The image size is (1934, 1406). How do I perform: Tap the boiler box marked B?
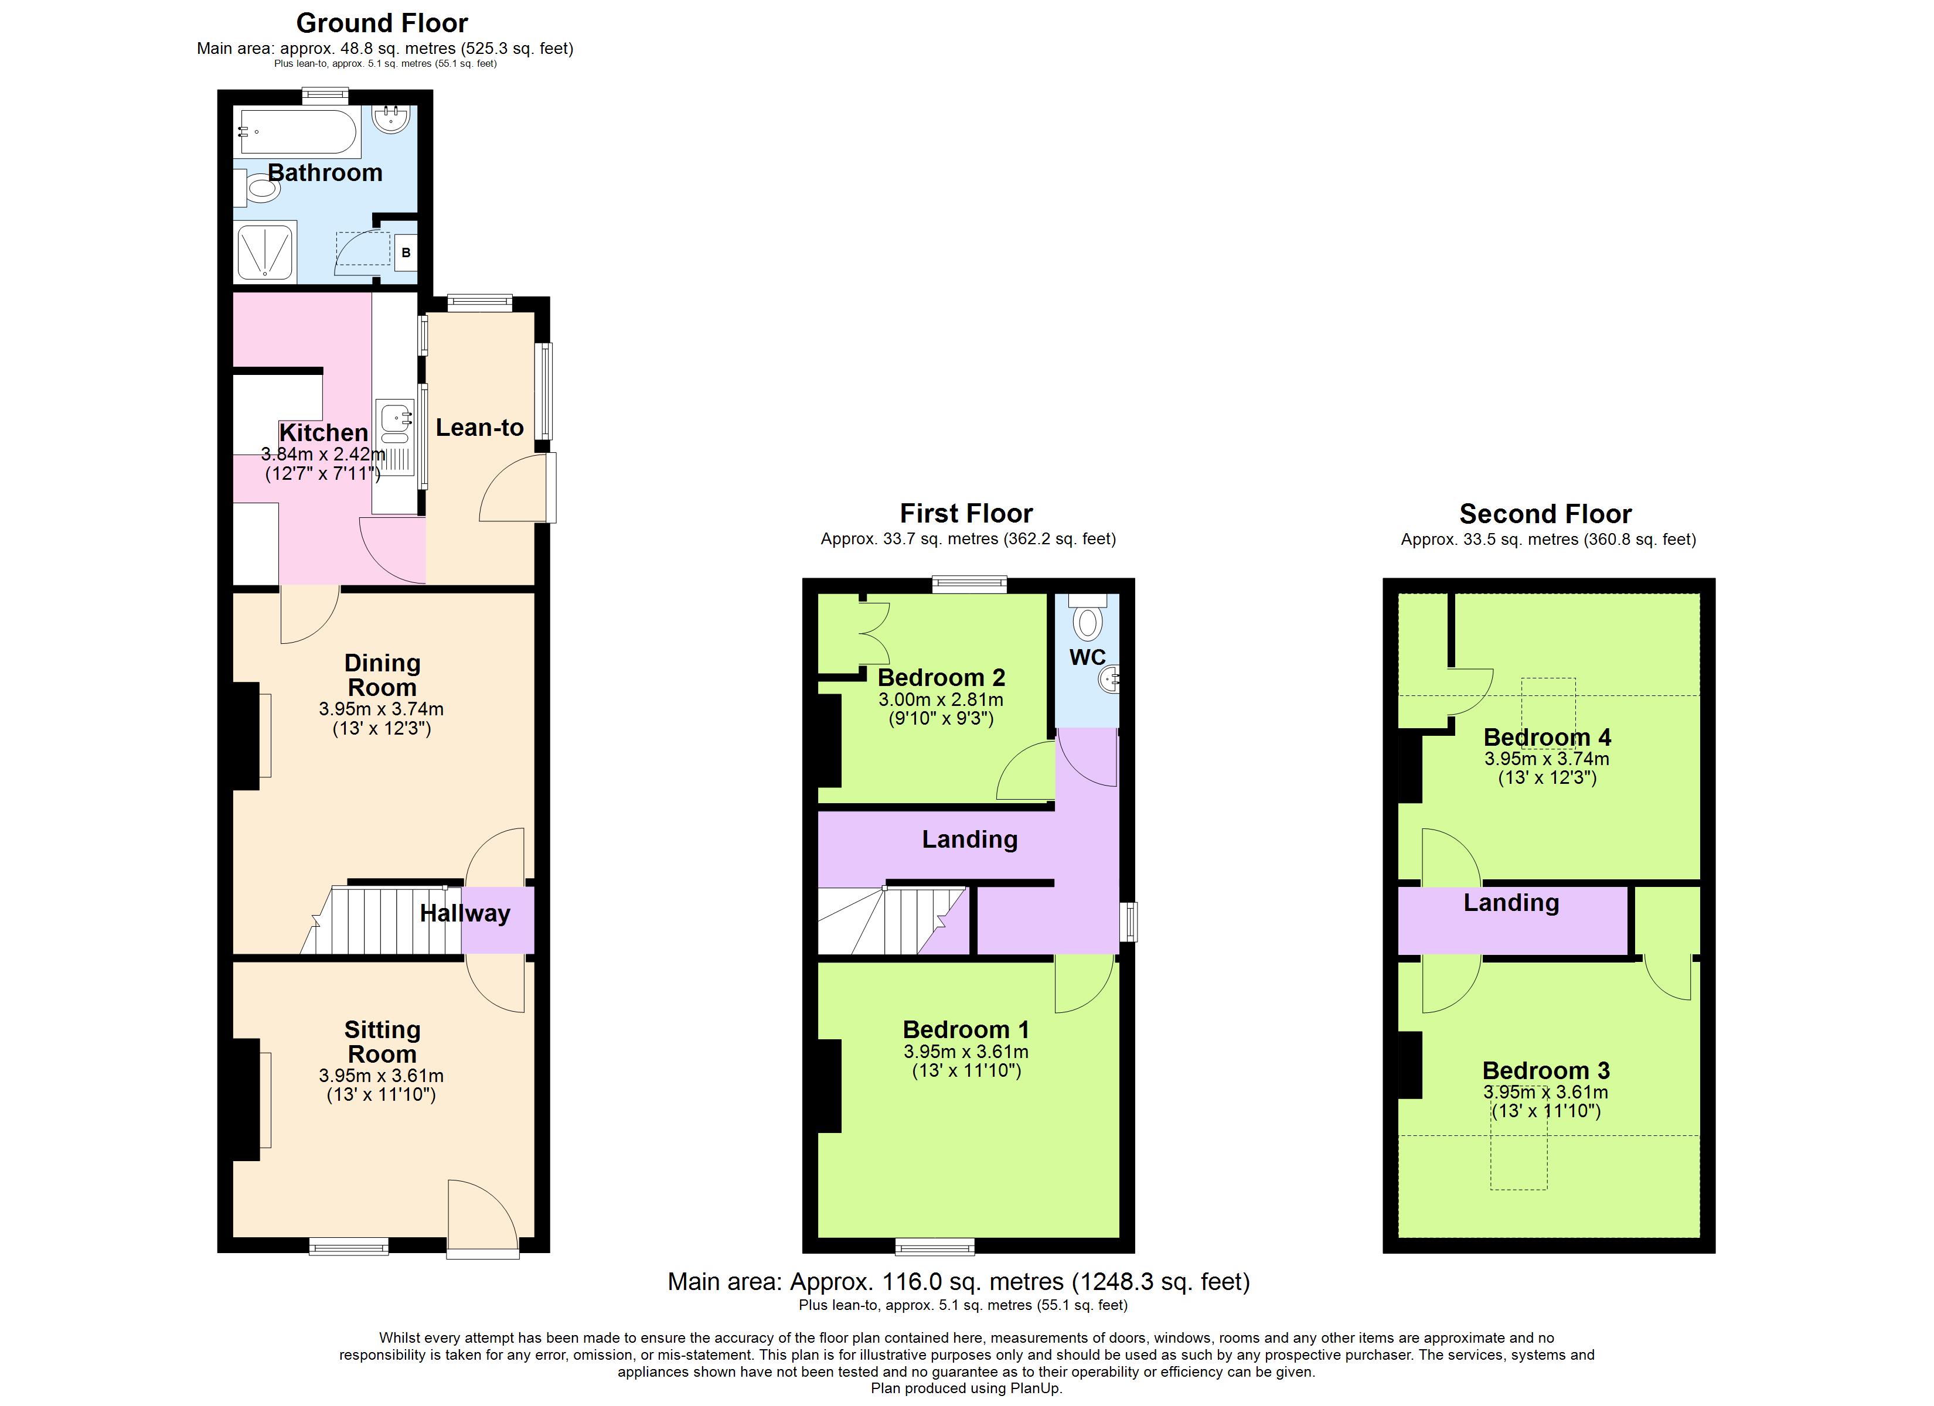[x=406, y=253]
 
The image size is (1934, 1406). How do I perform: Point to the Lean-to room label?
[x=479, y=428]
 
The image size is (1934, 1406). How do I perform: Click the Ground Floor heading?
[x=382, y=23]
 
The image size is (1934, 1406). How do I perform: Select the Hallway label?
[x=465, y=914]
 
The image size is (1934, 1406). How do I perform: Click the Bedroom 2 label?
[x=941, y=678]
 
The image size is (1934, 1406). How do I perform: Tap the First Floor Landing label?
[x=969, y=840]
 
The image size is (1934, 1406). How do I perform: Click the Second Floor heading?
[x=1545, y=514]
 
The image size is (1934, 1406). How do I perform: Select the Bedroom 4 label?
[x=1547, y=738]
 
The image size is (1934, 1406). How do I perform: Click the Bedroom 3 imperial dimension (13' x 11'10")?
[x=1546, y=1111]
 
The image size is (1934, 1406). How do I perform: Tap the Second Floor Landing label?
[x=1511, y=903]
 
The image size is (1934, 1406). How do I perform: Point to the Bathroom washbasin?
[x=393, y=120]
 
